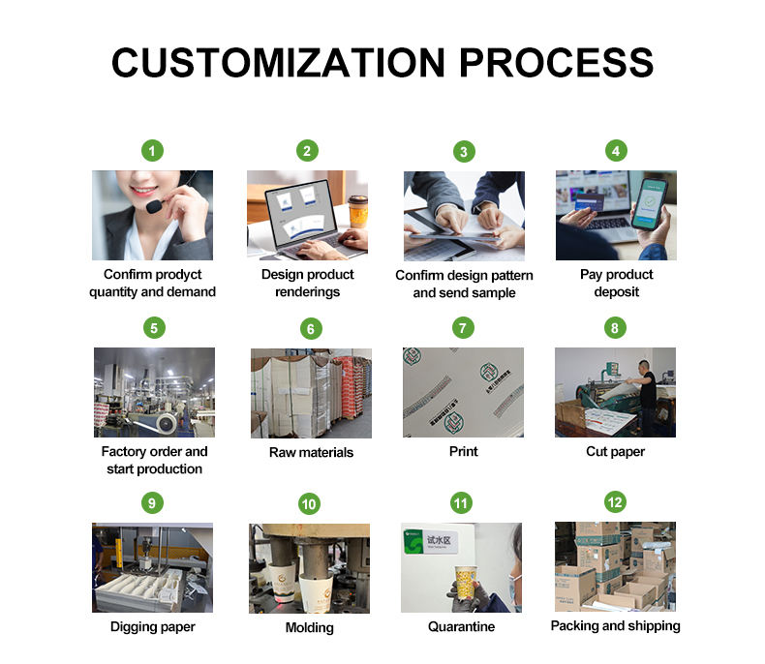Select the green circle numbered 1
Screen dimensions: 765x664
pos(152,150)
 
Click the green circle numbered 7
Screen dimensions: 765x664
pos(463,328)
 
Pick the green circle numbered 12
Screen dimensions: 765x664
pos(615,502)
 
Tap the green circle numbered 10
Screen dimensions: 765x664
pos(309,503)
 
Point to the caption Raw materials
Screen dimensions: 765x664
pos(310,452)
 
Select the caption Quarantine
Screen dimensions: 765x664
pos(461,626)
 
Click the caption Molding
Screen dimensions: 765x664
pos(309,627)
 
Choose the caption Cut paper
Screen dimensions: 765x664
pos(615,451)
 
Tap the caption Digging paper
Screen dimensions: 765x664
pos(152,626)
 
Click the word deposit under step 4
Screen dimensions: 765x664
pos(616,291)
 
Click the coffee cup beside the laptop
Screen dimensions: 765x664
pos(358,211)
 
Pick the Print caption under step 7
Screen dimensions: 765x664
pos(463,451)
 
